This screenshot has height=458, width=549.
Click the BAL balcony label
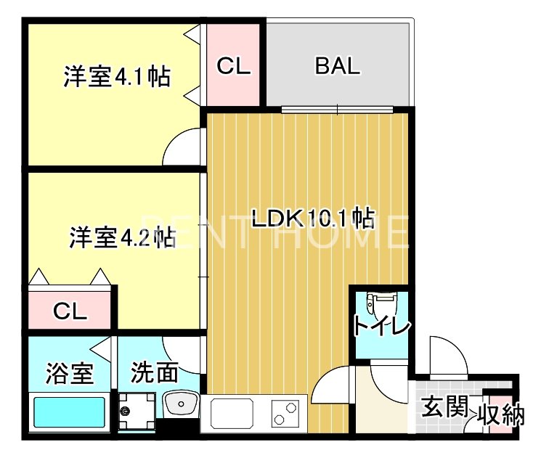coord(338,66)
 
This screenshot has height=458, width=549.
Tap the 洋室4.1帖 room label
coord(117,77)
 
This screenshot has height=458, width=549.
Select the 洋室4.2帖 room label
coord(123,237)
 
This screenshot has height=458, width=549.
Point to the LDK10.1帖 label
coord(314,218)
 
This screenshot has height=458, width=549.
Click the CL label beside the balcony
coord(234,65)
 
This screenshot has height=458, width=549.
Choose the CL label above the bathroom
coord(70,311)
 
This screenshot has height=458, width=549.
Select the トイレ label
coord(381,325)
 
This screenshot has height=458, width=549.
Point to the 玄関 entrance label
coord(444,406)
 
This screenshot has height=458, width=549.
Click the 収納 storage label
coord(502,414)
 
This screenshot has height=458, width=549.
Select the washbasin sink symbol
coord(181,404)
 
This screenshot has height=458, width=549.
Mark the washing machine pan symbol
coord(137,412)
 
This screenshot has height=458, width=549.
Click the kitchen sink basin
coord(232,413)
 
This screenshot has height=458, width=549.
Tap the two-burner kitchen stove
coord(285,413)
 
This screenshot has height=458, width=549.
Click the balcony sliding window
coord(338,110)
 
